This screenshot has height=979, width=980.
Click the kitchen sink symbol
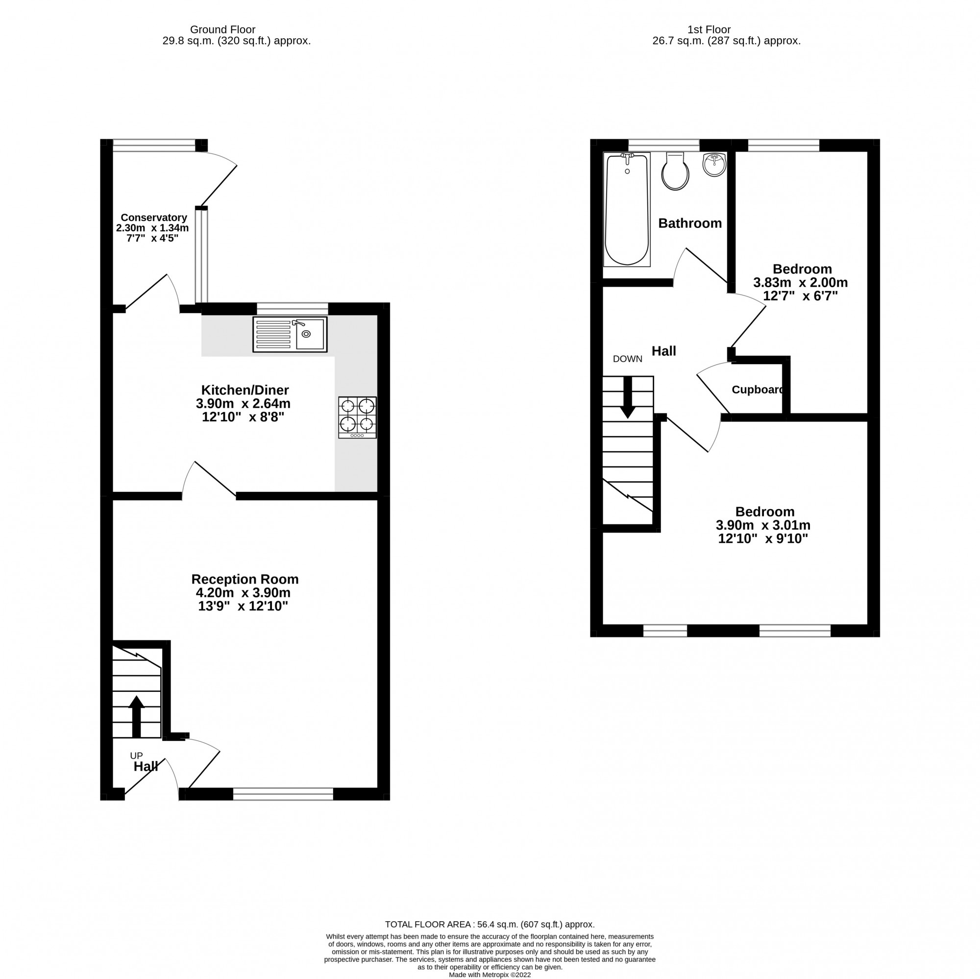coord(290,334)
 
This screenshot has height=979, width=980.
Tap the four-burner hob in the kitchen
coord(357,417)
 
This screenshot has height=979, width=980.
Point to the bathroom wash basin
coord(714,164)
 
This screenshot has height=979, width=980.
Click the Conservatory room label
coord(154,218)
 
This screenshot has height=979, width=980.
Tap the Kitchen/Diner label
coord(245,390)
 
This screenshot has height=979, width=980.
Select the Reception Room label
coord(245,579)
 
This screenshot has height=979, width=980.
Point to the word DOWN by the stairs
coord(628,359)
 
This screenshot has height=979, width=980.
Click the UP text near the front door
coord(136,756)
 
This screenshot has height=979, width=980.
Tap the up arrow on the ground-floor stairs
coord(136,716)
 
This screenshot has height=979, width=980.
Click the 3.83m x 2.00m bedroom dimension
coord(800,283)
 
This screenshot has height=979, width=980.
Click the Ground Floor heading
coord(222,30)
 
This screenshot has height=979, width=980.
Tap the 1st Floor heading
coord(709,30)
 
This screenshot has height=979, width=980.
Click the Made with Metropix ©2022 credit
coord(490,975)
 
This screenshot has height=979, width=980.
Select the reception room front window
coord(283,794)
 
